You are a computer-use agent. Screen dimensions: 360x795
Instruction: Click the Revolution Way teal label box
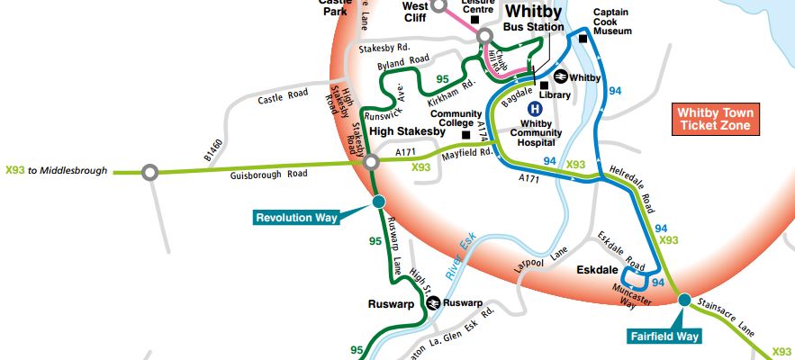(296, 217)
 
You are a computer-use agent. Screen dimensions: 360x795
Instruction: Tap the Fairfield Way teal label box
(664, 336)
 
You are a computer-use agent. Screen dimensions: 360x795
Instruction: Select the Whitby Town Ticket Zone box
(717, 120)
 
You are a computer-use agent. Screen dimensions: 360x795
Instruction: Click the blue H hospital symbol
(534, 106)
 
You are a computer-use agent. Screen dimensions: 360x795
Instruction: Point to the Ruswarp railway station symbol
(433, 303)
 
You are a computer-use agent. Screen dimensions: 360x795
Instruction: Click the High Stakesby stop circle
(371, 163)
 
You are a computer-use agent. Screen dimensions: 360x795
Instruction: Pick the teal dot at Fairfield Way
(684, 300)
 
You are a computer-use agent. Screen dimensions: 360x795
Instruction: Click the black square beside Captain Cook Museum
(583, 38)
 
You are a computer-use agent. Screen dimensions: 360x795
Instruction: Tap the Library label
(556, 94)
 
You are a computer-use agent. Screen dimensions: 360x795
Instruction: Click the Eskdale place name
(597, 269)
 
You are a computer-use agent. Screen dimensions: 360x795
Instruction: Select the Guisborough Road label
(269, 173)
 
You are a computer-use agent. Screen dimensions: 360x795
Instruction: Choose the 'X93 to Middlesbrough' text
(56, 170)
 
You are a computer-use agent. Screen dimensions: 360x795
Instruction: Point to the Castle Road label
(283, 94)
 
